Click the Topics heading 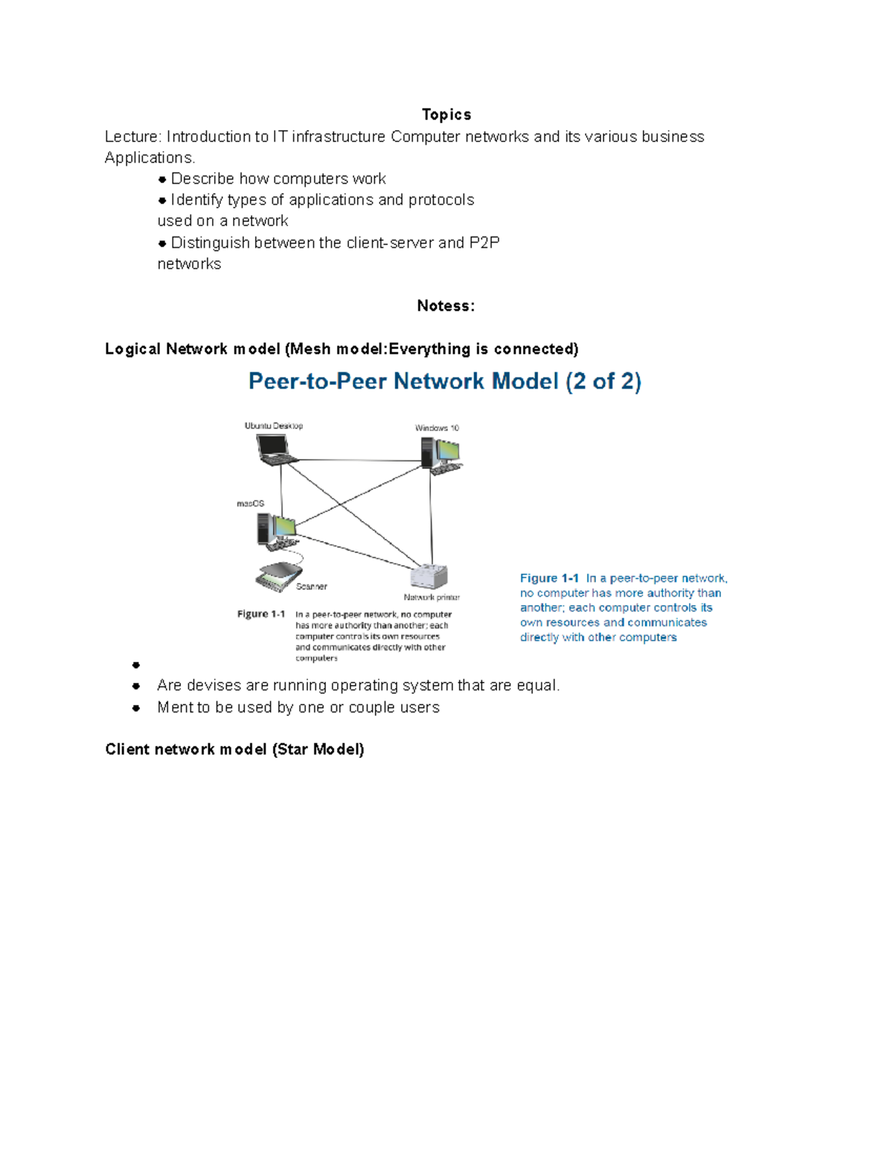446,115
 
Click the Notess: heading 445,306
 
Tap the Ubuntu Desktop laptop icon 275,450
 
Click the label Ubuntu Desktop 273,426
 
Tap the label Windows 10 437,428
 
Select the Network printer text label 432,597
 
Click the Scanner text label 311,587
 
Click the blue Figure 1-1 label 549,578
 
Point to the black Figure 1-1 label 261,614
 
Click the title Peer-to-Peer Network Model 444,382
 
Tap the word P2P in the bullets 484,243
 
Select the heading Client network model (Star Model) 234,750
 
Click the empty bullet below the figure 136,665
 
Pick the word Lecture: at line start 132,137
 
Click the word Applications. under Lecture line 150,158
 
